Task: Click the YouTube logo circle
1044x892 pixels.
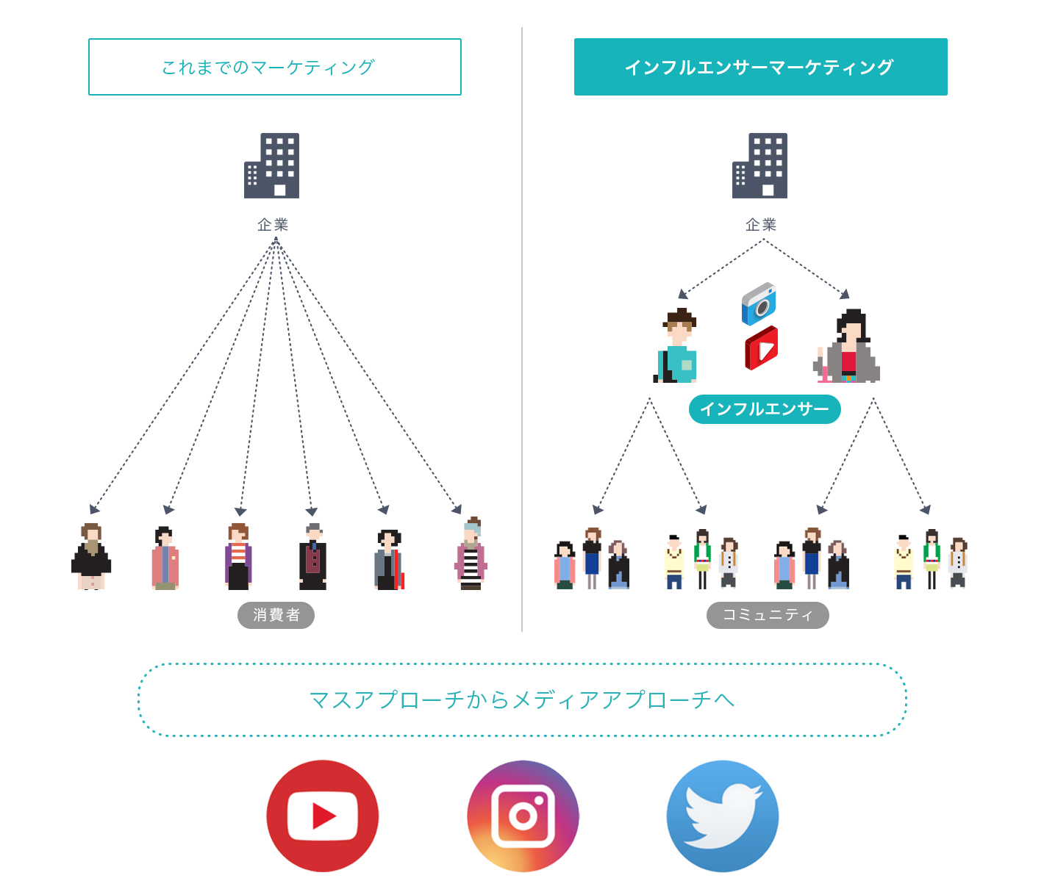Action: coord(323,816)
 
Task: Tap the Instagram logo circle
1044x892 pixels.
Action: coord(523,816)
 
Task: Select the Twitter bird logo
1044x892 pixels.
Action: coord(723,816)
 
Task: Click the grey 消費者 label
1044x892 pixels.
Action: coord(276,615)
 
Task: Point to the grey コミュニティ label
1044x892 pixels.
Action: coord(768,615)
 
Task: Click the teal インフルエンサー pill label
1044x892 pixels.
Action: coord(765,409)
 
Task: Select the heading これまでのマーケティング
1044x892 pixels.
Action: coord(275,67)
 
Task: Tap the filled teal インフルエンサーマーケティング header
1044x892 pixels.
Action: coord(760,67)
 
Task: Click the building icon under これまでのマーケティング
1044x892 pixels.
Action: coord(272,165)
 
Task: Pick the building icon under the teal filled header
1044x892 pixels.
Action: coord(760,165)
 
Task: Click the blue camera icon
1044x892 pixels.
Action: coord(759,303)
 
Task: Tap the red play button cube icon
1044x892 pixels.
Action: coord(761,348)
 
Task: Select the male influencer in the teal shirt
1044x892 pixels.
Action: coord(676,347)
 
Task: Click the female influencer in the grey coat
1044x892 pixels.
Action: coord(848,347)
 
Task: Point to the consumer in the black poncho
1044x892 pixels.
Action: coord(91,557)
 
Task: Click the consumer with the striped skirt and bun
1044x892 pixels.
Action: coord(471,555)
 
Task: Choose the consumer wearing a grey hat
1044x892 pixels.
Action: coord(312,557)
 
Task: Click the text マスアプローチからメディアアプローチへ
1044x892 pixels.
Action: coord(522,699)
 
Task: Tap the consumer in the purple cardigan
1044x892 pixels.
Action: coord(238,557)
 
